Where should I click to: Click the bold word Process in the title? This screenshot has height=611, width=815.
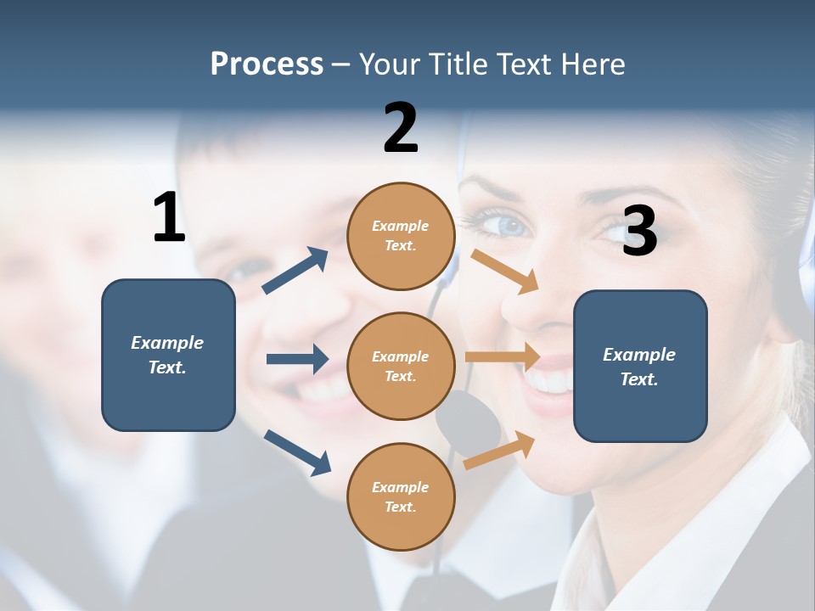click(x=267, y=64)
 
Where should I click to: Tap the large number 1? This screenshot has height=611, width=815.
click(x=169, y=217)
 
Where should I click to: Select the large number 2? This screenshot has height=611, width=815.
click(x=401, y=128)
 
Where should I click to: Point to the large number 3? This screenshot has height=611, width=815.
click(x=639, y=231)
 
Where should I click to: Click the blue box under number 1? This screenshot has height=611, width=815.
click(x=168, y=355)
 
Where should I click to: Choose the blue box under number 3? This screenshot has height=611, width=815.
click(x=640, y=366)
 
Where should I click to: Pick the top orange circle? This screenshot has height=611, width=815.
click(x=401, y=236)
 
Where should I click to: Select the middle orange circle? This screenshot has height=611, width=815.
click(x=401, y=366)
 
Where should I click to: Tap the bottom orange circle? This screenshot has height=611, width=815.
click(x=401, y=496)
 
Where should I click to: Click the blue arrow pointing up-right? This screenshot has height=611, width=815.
click(x=295, y=271)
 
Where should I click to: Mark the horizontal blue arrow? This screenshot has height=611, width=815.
click(x=297, y=359)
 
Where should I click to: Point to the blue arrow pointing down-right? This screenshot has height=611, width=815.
click(x=297, y=451)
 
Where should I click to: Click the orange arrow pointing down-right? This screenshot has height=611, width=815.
click(x=505, y=271)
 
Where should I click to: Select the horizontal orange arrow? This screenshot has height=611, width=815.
click(x=503, y=356)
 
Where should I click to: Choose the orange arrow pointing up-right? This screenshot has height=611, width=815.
click(x=500, y=450)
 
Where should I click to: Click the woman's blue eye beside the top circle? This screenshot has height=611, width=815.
click(x=510, y=226)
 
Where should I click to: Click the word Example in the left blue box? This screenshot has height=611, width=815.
click(x=167, y=342)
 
